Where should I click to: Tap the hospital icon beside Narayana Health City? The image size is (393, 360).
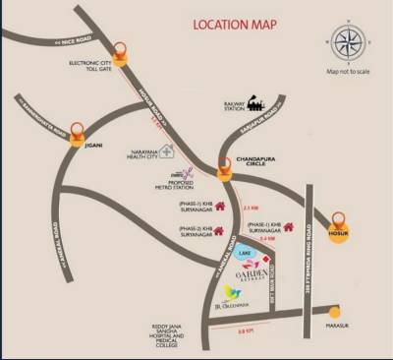[169, 152]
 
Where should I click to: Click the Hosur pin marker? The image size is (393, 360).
[339, 217]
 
